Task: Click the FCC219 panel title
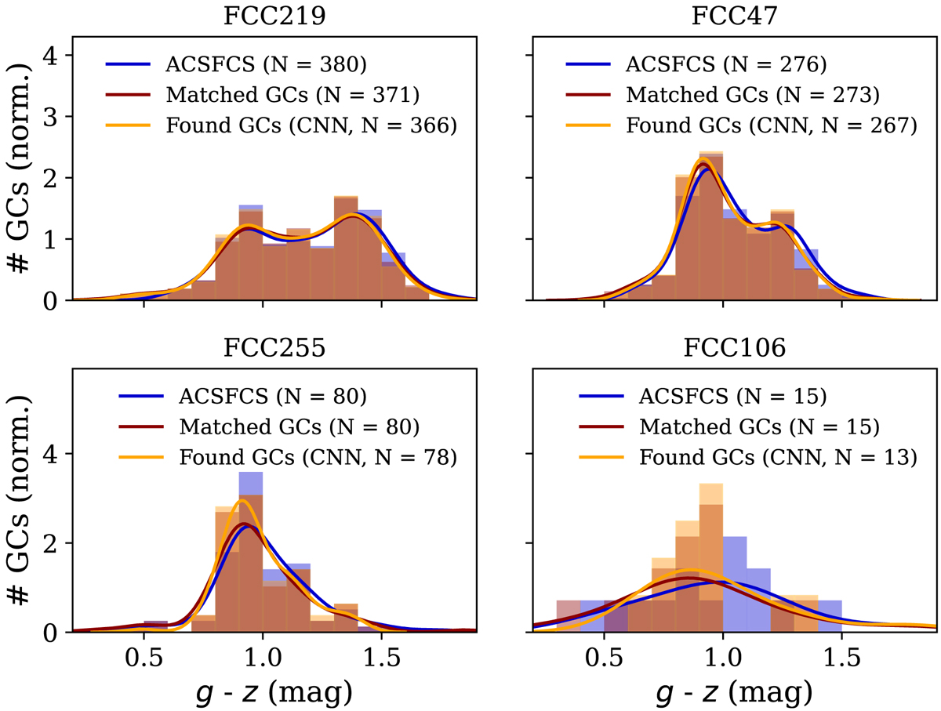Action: tap(262, 16)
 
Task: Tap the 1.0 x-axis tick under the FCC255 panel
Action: tap(262, 656)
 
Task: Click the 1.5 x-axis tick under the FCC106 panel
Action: tap(842, 656)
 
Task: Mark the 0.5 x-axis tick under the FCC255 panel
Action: tap(144, 656)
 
